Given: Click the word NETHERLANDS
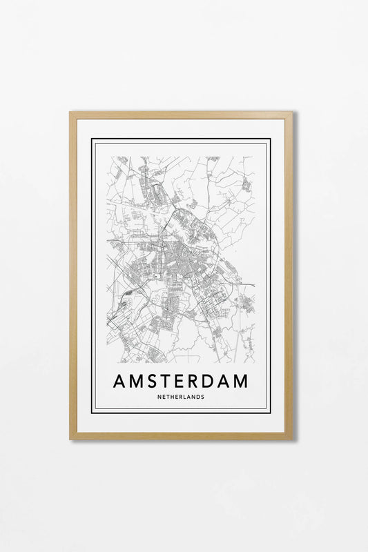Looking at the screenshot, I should [184, 397].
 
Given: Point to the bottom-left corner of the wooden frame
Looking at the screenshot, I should [70, 438].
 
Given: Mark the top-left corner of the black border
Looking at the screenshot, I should [93, 140].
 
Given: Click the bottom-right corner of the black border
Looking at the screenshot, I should [270, 413].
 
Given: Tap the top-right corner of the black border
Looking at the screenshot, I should [270, 140].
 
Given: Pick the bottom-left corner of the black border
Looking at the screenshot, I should [93, 413].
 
